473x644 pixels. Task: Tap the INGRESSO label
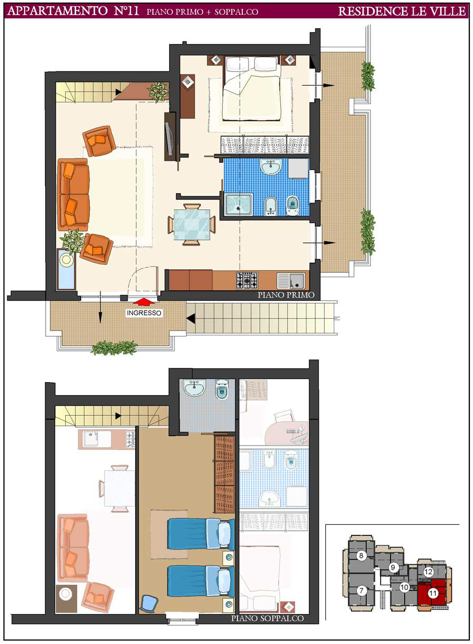pos(144,313)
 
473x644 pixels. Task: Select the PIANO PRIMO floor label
pos(285,294)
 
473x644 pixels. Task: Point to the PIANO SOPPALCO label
pos(268,618)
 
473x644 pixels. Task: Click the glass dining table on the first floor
pos(191,225)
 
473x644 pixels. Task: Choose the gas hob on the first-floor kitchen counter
pos(247,280)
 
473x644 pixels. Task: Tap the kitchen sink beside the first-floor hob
pos(291,281)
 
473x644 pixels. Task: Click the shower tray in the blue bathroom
pos(239,205)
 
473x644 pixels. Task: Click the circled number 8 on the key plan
pos(361,555)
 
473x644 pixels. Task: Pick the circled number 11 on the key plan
pos(433,593)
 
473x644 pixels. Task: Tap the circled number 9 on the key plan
pos(393,567)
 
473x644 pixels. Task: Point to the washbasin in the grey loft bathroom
pos(194,387)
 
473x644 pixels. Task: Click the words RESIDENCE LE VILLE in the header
pos(402,11)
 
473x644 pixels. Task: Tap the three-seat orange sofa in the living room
pos(74,195)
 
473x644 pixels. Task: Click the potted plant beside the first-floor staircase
pos(158,92)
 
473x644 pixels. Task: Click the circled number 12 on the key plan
pos(428,572)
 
